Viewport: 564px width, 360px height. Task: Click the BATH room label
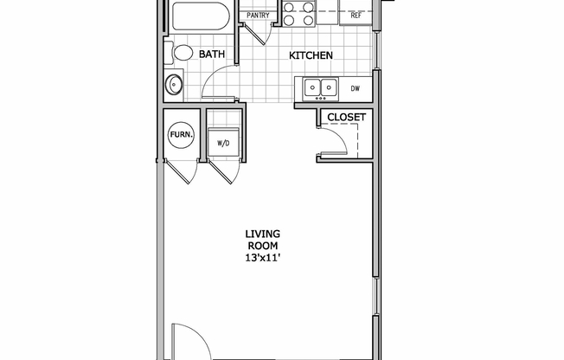coord(212,55)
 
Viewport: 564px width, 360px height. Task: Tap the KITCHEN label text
coord(311,55)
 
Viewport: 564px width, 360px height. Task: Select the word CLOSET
coord(345,117)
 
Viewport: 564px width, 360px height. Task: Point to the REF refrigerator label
coord(356,16)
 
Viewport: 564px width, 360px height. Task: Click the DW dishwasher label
coord(355,88)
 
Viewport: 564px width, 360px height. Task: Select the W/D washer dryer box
coord(221,143)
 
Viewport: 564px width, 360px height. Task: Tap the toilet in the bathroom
coord(183,54)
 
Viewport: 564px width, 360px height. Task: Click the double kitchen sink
coord(319,87)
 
